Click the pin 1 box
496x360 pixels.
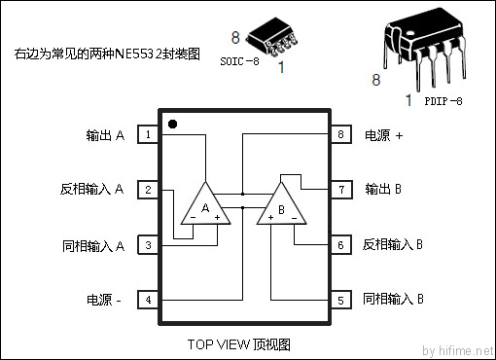coord(148,135)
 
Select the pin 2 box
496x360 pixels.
coord(148,189)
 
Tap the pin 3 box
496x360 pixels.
coord(148,245)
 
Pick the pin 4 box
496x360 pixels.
coord(148,300)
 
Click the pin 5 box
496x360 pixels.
coord(341,300)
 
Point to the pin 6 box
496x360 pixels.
coord(341,245)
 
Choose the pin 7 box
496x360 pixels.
coord(341,189)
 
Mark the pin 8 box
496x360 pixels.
coord(341,135)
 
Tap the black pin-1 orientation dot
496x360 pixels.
coord(172,125)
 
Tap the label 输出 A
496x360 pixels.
coord(105,136)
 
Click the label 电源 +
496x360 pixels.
coord(383,136)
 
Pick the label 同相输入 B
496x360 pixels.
coord(393,300)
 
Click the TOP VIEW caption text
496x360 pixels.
coord(238,344)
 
